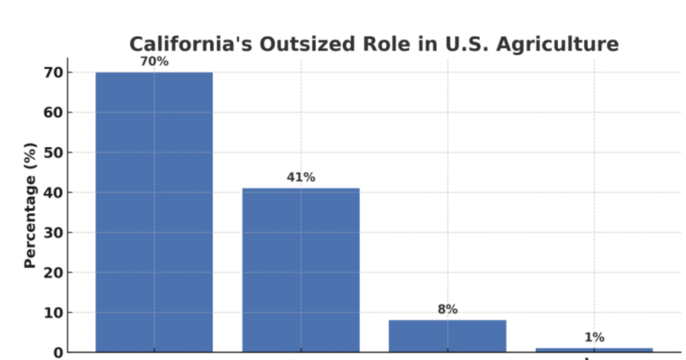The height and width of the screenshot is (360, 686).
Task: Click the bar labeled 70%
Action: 154,211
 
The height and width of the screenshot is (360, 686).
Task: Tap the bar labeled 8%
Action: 448,335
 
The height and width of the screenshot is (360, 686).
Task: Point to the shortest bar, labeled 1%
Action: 594,349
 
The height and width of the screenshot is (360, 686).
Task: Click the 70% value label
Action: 154,62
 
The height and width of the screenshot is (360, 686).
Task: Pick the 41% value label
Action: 301,178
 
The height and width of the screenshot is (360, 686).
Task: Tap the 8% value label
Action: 448,310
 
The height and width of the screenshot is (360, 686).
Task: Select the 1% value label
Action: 594,337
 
